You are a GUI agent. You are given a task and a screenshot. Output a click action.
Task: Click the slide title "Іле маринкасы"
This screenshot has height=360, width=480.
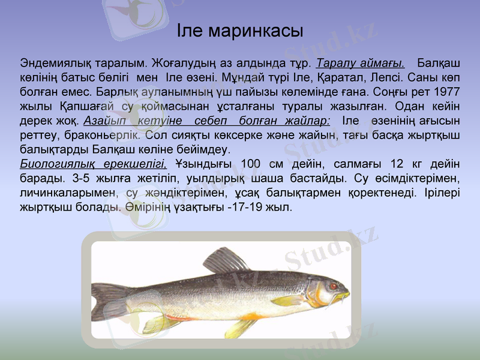pos(240,31)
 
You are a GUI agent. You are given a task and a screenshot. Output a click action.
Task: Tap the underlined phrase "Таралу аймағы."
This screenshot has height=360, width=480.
pos(360,63)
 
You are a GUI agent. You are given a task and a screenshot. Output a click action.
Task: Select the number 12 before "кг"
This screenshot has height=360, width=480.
pos(397,164)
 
